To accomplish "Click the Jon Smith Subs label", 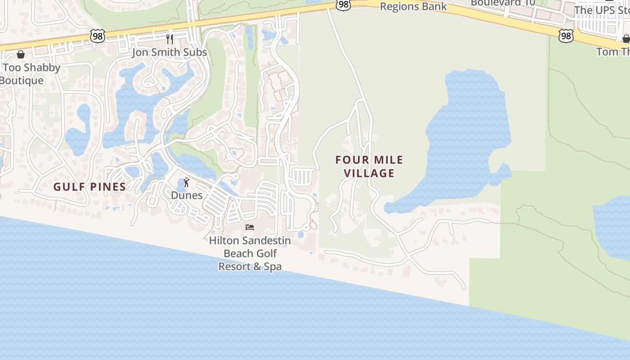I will click(169, 52).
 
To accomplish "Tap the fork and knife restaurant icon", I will click(170, 39).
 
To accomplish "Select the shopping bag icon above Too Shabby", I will click(20, 54).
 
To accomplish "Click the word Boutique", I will click(22, 81).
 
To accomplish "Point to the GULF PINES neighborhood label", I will click(90, 187).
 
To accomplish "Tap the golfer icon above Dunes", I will click(186, 182).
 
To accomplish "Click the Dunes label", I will click(186, 195).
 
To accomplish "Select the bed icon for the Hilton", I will click(250, 227).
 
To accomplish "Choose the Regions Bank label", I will click(413, 6).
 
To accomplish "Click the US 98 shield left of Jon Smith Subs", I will click(97, 36).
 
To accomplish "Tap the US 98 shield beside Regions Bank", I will click(343, 4).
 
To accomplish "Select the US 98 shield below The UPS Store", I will click(566, 36).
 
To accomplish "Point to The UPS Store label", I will click(601, 10).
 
